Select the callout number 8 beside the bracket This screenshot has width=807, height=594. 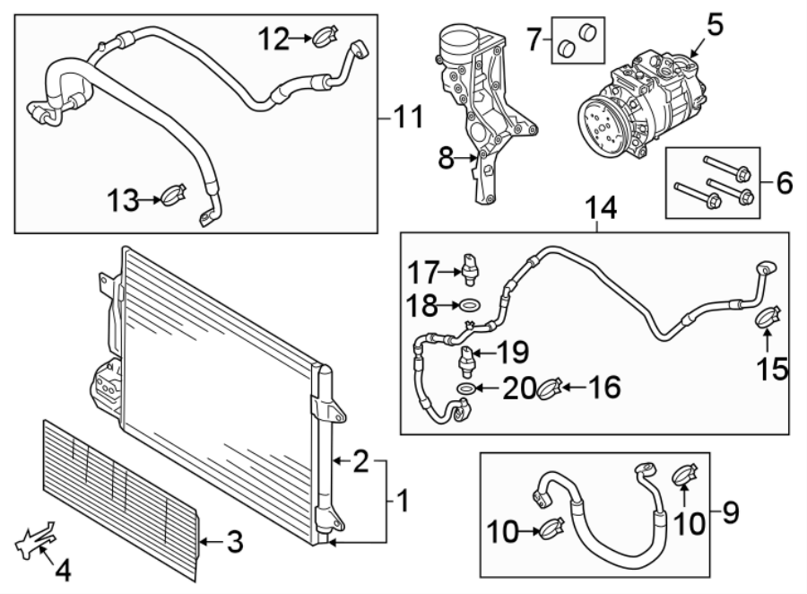[447, 160]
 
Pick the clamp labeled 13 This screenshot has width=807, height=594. [174, 194]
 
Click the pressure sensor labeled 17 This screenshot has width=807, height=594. [471, 266]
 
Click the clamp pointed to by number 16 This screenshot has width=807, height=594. [550, 389]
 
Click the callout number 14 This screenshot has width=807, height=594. [602, 208]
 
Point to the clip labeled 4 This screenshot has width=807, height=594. [31, 541]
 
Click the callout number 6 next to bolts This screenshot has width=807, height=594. [784, 184]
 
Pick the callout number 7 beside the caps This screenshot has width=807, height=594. [534, 39]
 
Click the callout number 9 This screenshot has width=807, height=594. [730, 514]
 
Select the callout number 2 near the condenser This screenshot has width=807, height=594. [360, 462]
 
